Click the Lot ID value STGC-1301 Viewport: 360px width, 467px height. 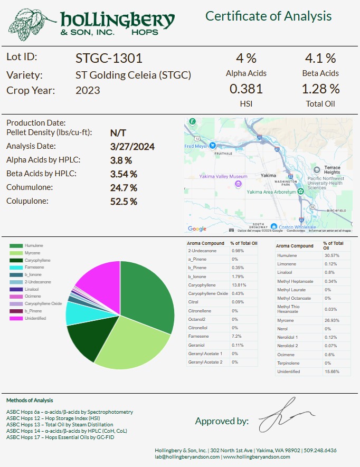[109, 58]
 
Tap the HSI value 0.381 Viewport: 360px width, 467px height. [246, 89]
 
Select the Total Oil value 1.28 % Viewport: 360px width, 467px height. [320, 89]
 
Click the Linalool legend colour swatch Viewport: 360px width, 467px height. [16, 290]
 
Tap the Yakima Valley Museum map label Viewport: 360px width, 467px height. [223, 177]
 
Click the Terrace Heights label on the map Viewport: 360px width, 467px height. [332, 170]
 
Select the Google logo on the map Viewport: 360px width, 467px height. [197, 228]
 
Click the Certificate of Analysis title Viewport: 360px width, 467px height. [268, 16]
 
